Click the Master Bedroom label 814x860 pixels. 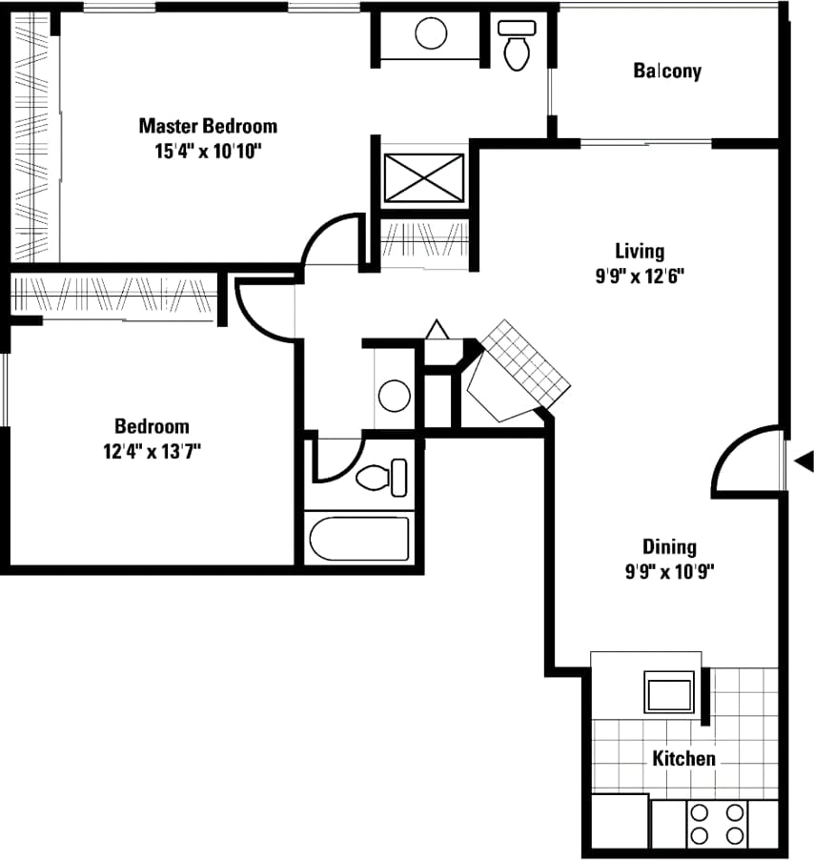208,126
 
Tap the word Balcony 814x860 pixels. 667,71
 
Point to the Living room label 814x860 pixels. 639,252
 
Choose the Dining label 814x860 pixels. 668,547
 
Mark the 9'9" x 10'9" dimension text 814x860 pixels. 668,572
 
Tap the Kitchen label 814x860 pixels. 683,759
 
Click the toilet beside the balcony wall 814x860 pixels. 518,46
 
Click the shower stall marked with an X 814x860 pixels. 424,176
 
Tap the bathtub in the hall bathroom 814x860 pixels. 359,540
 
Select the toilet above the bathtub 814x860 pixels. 382,477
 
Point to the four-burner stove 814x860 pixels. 717,824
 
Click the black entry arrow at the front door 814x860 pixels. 804,462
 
